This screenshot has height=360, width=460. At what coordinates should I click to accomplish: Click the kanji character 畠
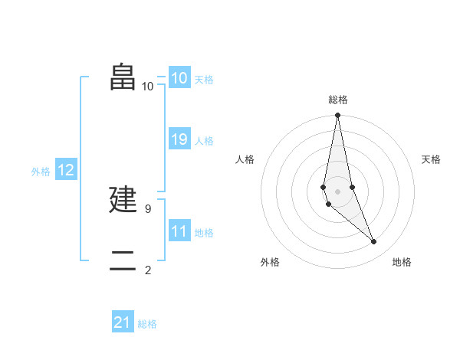123,76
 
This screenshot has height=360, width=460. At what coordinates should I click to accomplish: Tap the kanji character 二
123,261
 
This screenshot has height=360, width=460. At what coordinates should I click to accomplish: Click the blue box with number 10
179,78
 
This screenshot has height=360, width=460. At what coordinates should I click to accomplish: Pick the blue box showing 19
179,139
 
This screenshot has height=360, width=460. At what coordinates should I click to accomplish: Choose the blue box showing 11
179,231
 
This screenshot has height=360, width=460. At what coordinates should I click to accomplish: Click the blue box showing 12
66,170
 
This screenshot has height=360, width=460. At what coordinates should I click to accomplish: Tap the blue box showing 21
123,322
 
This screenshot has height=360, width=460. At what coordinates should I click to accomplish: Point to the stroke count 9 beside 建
148,208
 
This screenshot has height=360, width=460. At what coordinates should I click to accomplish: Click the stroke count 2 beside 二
148,270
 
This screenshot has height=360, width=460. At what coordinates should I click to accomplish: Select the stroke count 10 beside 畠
148,86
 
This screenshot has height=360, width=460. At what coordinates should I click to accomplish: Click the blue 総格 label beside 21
147,324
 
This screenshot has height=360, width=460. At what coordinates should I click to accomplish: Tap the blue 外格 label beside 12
41,172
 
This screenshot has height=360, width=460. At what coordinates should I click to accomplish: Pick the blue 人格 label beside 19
204,141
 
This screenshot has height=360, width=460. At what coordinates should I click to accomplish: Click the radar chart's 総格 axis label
338,100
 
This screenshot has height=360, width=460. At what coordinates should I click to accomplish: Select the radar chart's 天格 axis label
432,159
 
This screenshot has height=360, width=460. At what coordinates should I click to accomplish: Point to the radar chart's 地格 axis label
402,263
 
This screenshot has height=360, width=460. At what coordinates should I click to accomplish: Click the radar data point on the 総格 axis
338,116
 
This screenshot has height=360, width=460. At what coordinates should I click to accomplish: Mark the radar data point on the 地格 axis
374,242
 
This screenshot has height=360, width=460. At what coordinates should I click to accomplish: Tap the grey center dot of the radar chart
338,191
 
